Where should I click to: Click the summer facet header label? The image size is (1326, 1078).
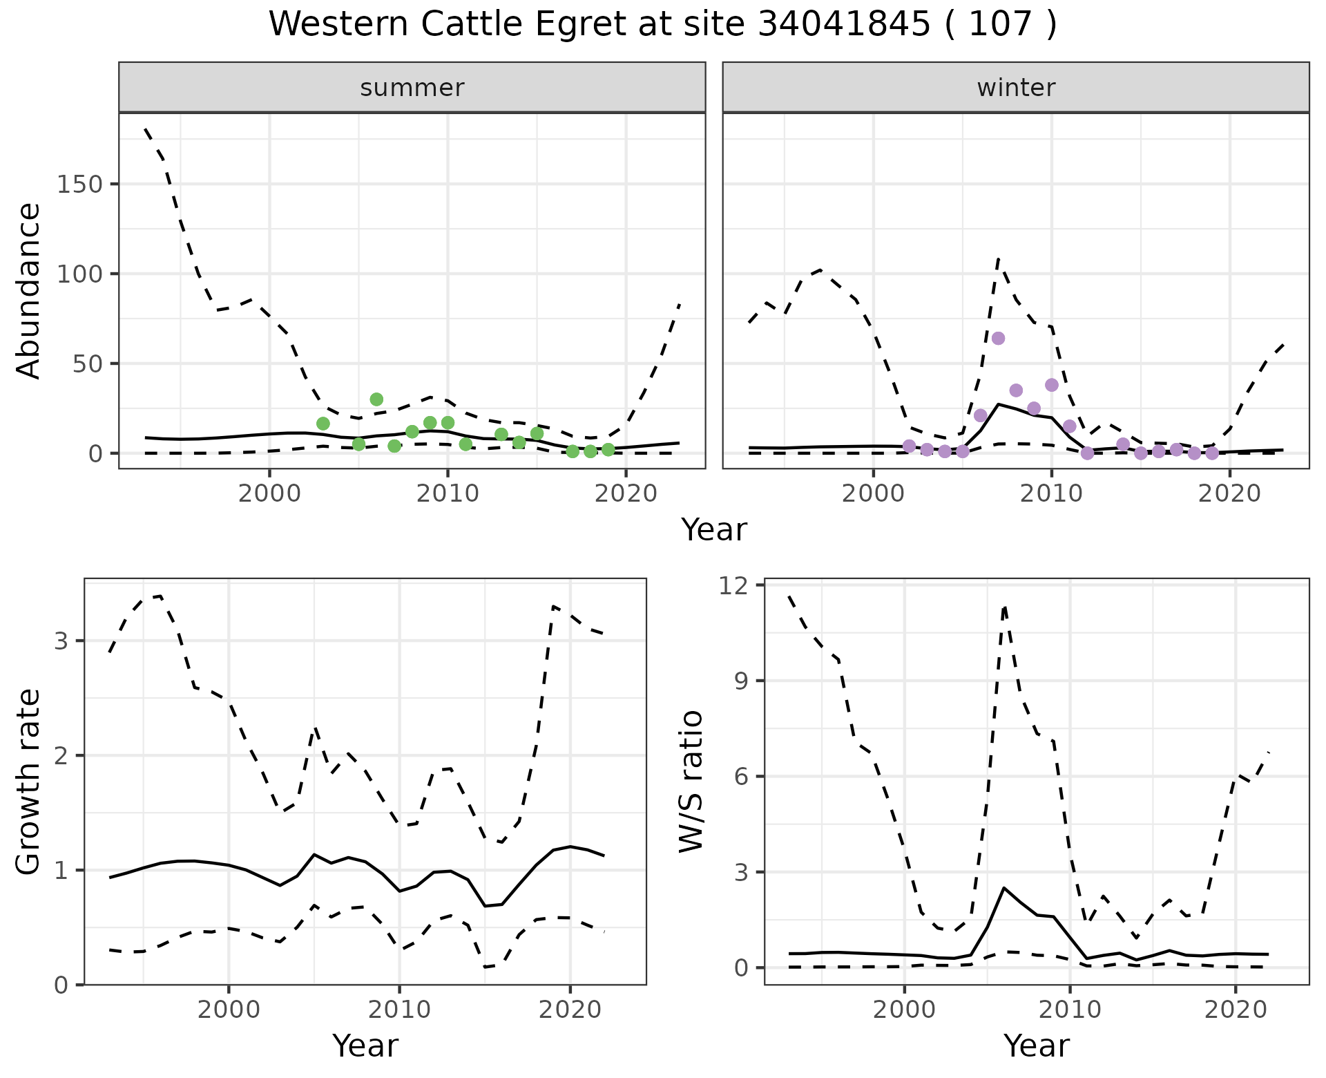coord(412,88)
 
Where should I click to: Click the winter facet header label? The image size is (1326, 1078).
coord(1016,88)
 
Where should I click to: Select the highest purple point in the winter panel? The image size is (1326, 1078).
coord(998,338)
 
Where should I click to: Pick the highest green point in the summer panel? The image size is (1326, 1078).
coord(376,399)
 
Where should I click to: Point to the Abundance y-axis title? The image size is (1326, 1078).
coord(29,290)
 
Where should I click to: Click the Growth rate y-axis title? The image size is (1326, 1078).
coord(29,782)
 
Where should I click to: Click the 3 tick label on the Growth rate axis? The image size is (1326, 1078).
coord(62,641)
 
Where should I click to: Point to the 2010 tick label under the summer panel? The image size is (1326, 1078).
coord(448,494)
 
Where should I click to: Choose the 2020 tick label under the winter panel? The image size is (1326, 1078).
coord(1229,494)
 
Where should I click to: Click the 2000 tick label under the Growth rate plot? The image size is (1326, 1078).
coord(229,1010)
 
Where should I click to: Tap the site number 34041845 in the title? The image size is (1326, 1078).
coord(843,25)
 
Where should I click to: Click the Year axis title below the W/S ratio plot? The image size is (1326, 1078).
coord(1036,1046)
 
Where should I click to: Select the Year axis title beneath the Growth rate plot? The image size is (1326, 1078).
coord(365,1046)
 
